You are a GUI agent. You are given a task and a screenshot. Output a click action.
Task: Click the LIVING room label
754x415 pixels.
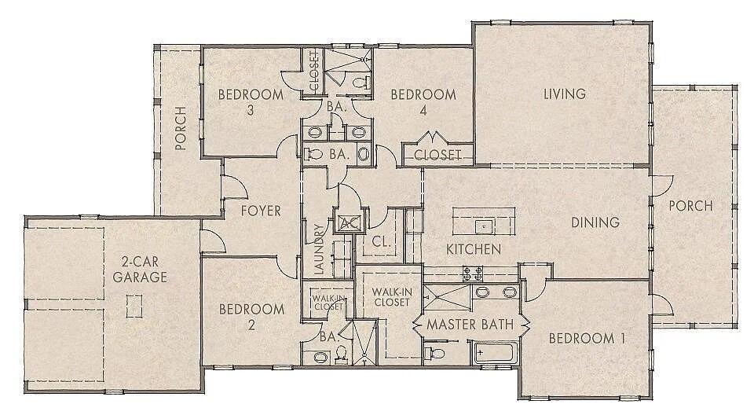point(565,94)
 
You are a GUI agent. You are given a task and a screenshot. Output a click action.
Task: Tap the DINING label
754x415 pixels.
point(595,223)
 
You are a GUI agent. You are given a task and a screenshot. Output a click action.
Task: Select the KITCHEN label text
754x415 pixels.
point(474,249)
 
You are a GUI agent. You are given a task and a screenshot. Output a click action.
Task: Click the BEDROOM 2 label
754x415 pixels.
point(251,317)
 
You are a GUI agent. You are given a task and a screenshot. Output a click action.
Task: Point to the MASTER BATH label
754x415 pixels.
point(470,324)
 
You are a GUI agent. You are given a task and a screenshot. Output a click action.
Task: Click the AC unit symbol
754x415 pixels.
point(347,222)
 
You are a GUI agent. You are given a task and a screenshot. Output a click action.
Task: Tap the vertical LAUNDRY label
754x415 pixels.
point(318,250)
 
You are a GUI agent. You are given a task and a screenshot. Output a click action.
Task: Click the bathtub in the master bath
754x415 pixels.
point(494,353)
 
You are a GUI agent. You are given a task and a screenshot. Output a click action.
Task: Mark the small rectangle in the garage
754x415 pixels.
point(134,305)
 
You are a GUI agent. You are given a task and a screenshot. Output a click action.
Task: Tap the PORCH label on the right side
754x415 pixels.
point(690,207)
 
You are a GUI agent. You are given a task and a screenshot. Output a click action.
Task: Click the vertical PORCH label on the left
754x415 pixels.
point(181,128)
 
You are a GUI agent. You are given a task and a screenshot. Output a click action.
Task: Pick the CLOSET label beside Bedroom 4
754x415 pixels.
point(437,155)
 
